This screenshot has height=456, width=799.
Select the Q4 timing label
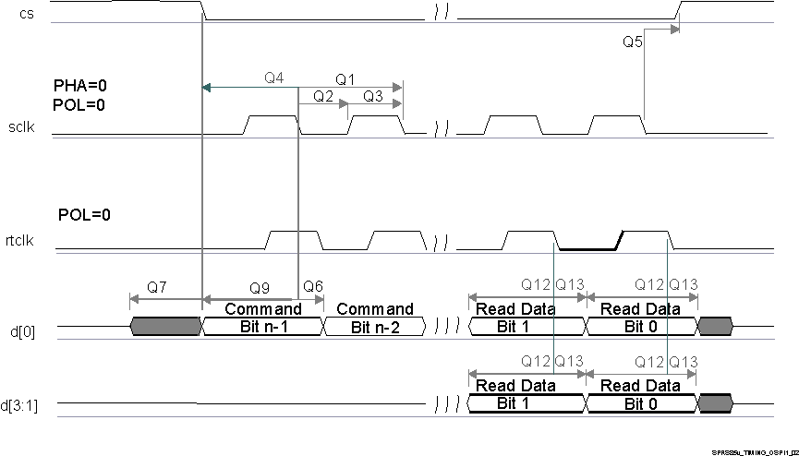point(273,78)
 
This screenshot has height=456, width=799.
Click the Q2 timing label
point(323,96)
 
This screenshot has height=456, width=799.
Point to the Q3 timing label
point(373,96)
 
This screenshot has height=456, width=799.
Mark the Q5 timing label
point(633,42)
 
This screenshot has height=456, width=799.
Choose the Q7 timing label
point(157,287)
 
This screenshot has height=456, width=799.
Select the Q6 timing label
point(313,287)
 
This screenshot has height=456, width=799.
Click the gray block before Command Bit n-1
point(166,326)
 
